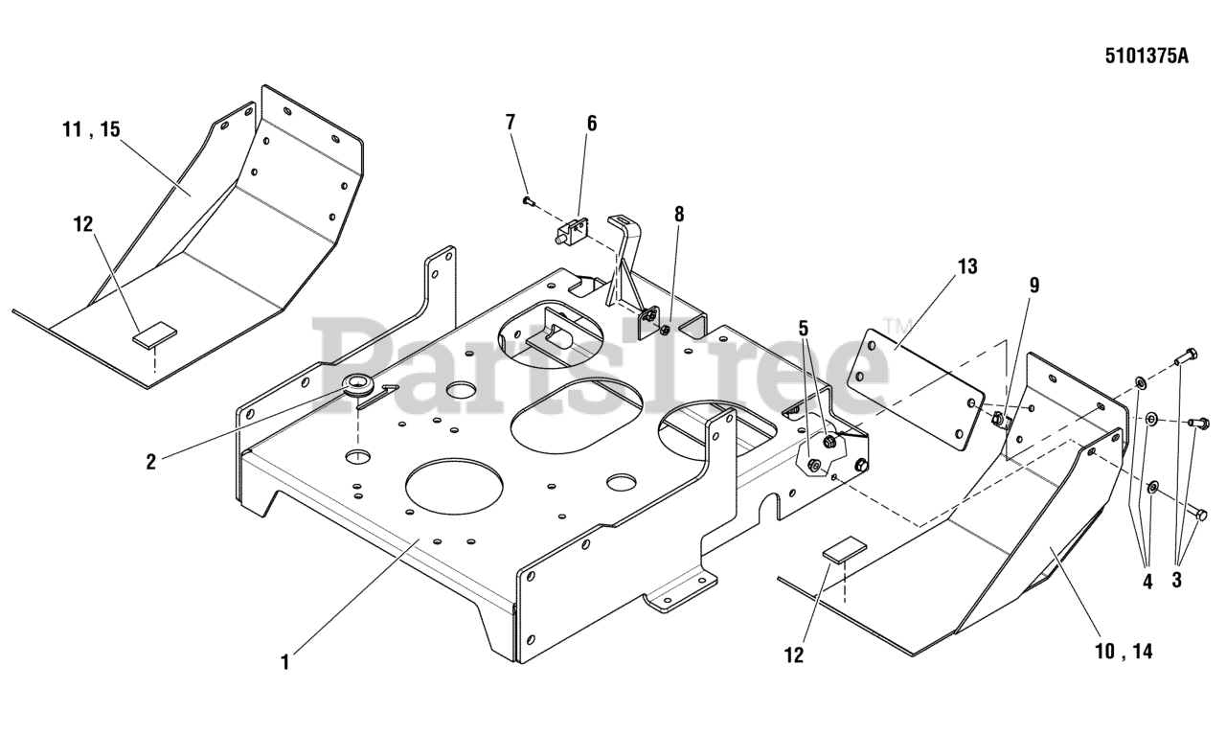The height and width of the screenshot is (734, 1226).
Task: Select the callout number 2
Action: click(x=150, y=461)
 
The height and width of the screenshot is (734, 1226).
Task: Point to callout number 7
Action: click(x=511, y=122)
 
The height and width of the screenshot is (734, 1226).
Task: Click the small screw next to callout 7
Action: click(x=528, y=201)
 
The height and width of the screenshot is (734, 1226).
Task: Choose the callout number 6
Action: click(x=591, y=123)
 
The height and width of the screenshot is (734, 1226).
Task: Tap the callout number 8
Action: click(x=679, y=214)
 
